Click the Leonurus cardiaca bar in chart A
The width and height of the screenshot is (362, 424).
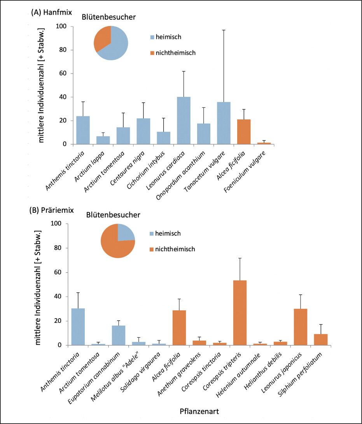point(184,120)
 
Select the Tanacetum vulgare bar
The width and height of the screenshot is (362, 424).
point(224,123)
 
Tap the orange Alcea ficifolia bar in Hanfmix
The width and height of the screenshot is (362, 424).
point(244,132)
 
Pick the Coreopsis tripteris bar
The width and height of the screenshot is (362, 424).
point(240,313)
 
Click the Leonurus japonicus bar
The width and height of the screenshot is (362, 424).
point(300,327)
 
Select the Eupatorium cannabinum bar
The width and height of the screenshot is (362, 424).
point(119,335)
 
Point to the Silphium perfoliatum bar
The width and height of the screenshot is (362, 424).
point(321,340)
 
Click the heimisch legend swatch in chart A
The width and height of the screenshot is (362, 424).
point(152,37)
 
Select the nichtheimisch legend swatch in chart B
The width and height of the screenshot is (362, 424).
point(152,249)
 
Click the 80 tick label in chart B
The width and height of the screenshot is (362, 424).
point(58,248)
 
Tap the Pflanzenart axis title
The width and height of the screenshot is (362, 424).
point(199,412)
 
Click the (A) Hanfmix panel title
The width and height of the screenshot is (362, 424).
point(51,12)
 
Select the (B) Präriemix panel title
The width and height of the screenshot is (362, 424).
point(51,210)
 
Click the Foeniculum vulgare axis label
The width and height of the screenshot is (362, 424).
point(245,172)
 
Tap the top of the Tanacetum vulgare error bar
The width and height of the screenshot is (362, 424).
point(224,30)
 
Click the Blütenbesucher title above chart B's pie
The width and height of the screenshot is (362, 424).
point(113,215)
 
